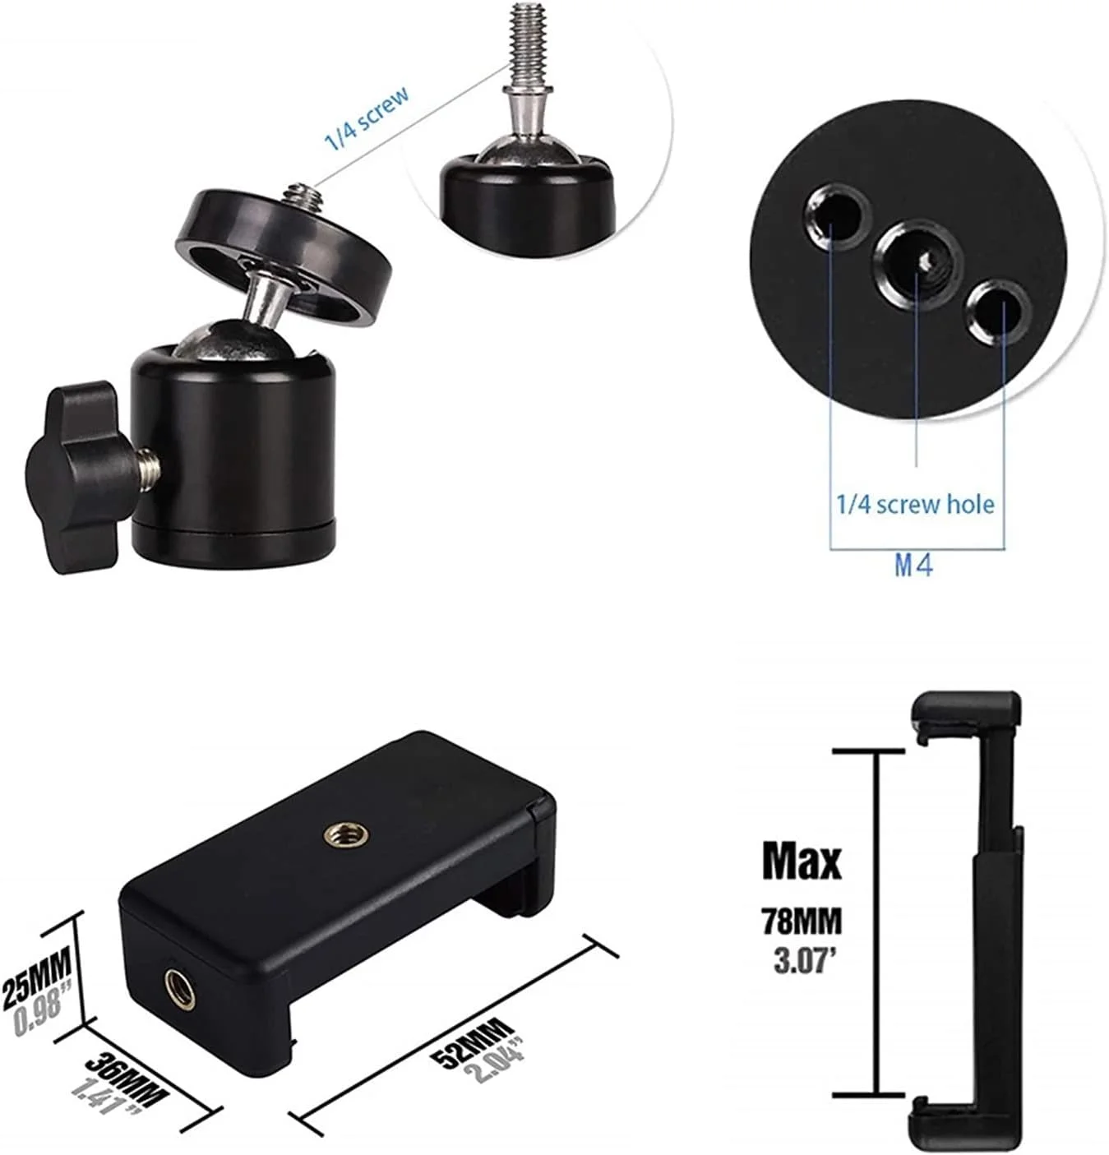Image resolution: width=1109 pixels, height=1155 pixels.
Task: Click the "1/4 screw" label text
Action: pos(367,118)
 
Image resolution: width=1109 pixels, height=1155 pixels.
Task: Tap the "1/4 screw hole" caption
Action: pos(915,505)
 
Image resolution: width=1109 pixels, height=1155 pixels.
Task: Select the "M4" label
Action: pos(913,566)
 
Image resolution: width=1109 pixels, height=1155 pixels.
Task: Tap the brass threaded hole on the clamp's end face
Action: pos(182,989)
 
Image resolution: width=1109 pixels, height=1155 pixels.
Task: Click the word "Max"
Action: pos(802,860)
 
